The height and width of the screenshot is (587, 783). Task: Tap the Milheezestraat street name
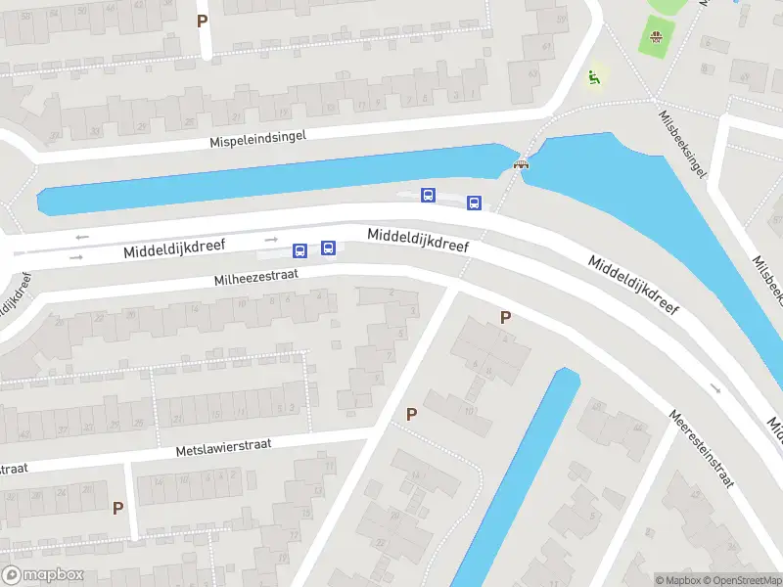coord(269,278)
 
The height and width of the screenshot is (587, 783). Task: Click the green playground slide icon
coord(592,76)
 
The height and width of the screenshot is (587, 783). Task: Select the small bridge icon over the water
coord(522,165)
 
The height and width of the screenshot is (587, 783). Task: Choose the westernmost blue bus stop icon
coord(300,250)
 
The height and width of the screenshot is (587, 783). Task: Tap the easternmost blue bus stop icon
coord(474,203)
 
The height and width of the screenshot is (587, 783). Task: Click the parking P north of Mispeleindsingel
coord(203,21)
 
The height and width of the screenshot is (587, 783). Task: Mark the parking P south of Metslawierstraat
coord(117,508)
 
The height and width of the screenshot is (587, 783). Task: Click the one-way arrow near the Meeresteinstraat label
coord(715,388)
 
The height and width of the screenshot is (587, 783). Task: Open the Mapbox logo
coord(43,575)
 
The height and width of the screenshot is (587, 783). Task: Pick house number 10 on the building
coord(470,409)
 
